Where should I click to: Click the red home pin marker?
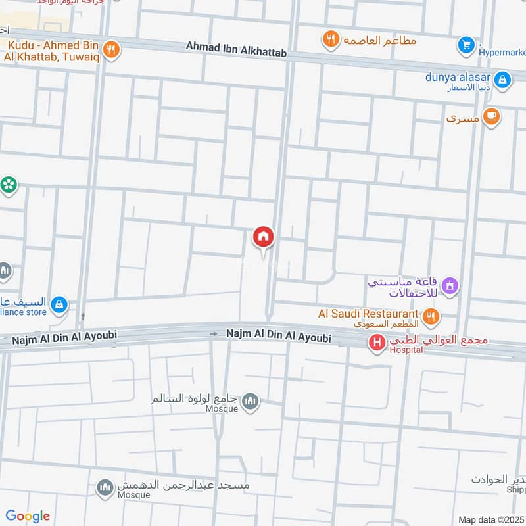point(264,237)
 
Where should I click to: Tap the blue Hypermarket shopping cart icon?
point(466,45)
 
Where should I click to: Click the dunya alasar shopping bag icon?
point(502,80)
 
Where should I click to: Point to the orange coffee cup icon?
point(490,117)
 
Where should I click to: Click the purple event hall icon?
point(450,286)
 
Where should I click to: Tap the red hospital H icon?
point(377,342)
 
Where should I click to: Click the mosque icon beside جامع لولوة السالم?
point(250,400)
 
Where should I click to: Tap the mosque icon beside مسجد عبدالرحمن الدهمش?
point(105,487)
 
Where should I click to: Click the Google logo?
point(28,516)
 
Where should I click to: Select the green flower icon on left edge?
point(9,185)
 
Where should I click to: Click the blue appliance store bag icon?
point(60,304)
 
